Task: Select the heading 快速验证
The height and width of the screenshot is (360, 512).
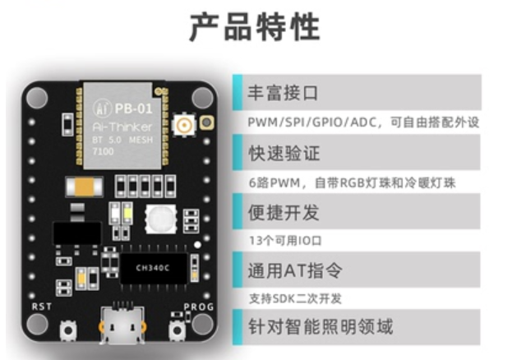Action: pyautogui.click(x=284, y=153)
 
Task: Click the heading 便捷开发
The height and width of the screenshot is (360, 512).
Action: pyautogui.click(x=284, y=211)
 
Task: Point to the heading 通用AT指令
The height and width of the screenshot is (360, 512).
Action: pyautogui.click(x=294, y=270)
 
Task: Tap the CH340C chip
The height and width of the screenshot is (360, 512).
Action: pyautogui.click(x=154, y=267)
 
